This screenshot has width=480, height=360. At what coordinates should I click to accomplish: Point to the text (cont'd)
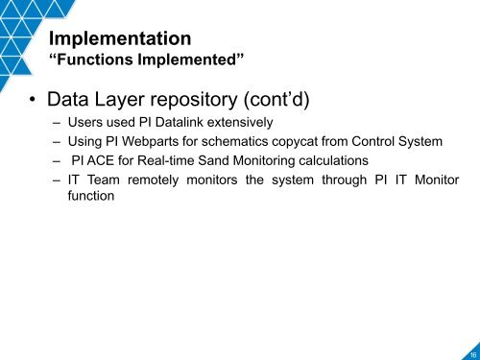click(306, 99)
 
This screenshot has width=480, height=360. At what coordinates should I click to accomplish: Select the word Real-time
click(167, 160)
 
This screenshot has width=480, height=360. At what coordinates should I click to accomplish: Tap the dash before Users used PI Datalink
click(59, 124)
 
